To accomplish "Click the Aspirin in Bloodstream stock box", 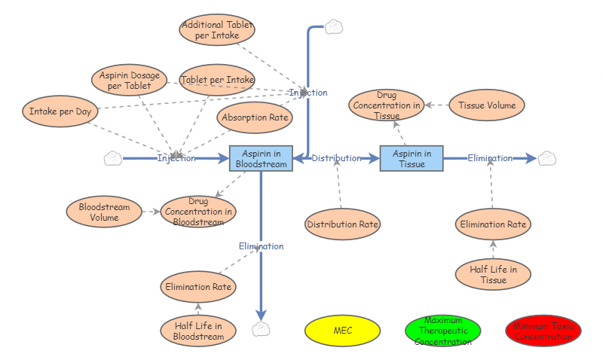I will [x=261, y=158].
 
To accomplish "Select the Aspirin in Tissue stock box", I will [x=412, y=158].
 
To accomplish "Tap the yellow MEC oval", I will [x=342, y=331].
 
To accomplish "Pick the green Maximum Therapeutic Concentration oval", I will [x=442, y=331].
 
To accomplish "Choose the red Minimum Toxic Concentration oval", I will [x=543, y=331].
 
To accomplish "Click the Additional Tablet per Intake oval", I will [x=217, y=30].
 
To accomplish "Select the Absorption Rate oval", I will [x=254, y=117].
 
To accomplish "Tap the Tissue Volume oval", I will [x=487, y=105].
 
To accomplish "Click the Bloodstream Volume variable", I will [x=104, y=212].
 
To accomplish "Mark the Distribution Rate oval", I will [x=343, y=224].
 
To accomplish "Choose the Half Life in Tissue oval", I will [x=493, y=274].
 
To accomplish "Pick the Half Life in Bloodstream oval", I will [x=198, y=331].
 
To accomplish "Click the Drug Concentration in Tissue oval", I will [x=387, y=105].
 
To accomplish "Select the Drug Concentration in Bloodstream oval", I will [x=198, y=212].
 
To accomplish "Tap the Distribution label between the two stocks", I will [x=336, y=158].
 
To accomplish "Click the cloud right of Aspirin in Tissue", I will [x=547, y=158].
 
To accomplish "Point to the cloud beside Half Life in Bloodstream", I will [x=261, y=329].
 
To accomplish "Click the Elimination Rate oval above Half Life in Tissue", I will [x=493, y=224].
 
